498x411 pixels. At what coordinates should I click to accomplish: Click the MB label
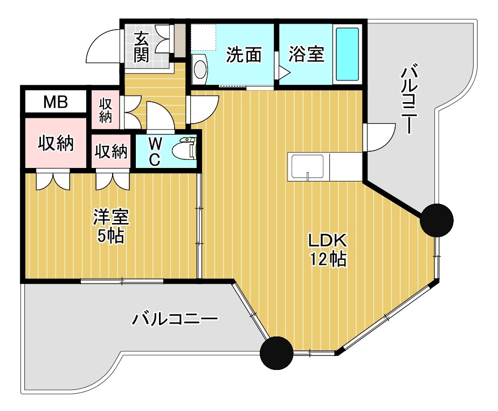[55, 102]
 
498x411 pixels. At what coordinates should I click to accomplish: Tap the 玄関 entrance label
[141, 47]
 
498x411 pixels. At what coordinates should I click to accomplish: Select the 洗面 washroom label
[244, 55]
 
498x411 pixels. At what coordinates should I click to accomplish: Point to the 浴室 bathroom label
[306, 55]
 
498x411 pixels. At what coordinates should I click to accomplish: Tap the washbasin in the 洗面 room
[199, 69]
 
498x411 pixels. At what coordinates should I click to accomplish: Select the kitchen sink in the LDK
[307, 167]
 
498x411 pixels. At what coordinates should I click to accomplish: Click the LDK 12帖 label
[327, 250]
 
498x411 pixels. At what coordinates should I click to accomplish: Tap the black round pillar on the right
[436, 220]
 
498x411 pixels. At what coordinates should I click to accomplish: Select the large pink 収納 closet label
[55, 144]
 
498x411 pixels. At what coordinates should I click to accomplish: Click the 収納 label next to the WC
[112, 152]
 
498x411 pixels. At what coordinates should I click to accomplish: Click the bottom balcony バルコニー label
[176, 320]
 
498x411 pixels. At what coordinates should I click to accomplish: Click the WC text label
[155, 151]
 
